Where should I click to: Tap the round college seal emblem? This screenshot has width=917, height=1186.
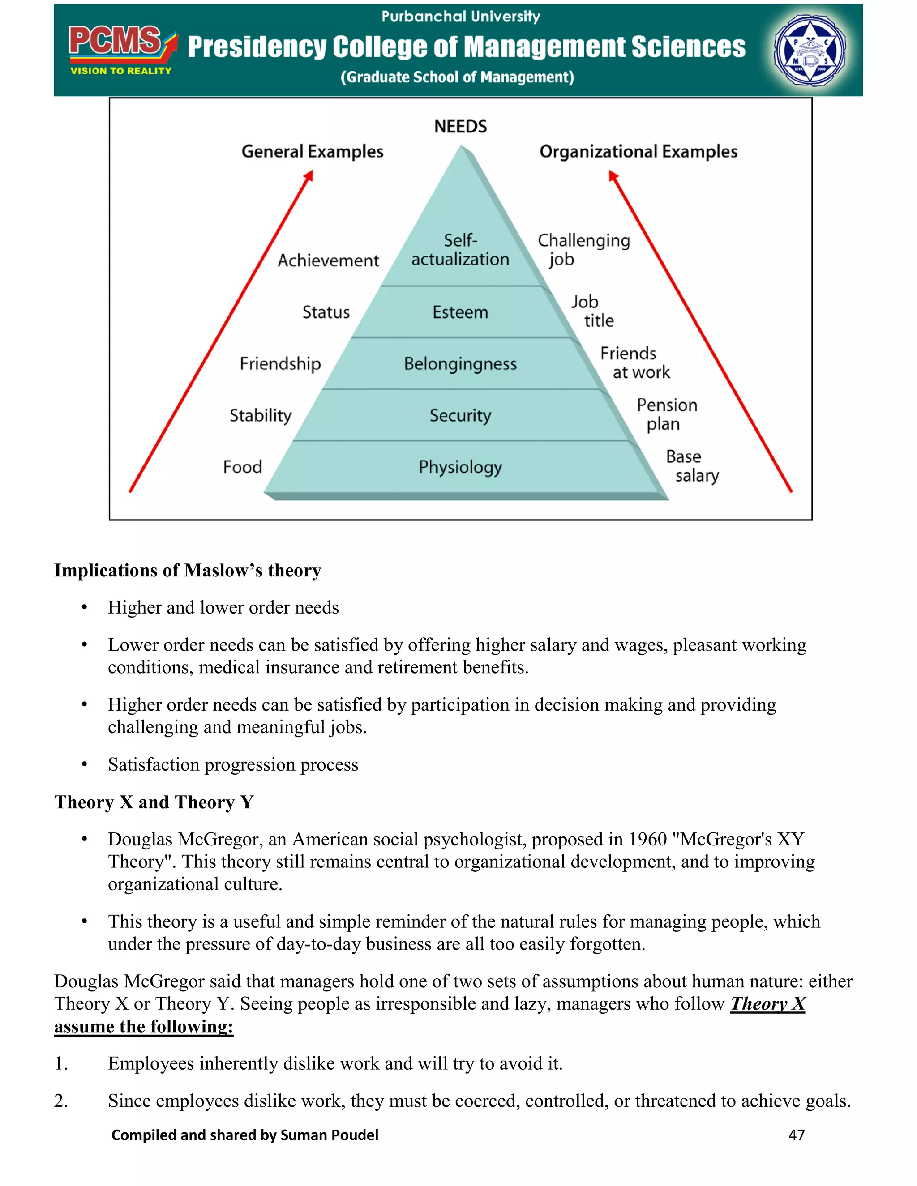(x=810, y=51)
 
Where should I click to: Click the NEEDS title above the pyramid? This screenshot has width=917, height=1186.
(x=460, y=127)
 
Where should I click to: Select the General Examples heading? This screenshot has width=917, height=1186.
(x=313, y=152)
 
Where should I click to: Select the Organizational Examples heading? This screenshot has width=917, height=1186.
(x=638, y=152)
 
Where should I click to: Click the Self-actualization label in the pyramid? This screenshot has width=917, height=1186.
(x=460, y=250)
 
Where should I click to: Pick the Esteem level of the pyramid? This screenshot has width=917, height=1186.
(x=460, y=312)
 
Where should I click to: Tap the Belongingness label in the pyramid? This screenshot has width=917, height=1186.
(x=460, y=364)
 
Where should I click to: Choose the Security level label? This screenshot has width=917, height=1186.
(x=460, y=415)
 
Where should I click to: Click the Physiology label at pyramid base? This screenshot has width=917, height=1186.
(x=460, y=467)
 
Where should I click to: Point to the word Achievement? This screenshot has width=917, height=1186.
(x=328, y=260)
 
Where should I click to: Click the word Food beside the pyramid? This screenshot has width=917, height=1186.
(x=242, y=467)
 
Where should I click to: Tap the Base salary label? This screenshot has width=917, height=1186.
(x=691, y=466)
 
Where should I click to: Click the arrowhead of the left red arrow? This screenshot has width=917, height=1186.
(x=309, y=175)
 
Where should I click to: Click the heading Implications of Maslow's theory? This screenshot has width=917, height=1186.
(x=188, y=570)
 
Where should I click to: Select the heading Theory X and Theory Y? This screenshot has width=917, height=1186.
(x=154, y=802)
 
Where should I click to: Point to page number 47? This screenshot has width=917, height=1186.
(x=797, y=1135)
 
